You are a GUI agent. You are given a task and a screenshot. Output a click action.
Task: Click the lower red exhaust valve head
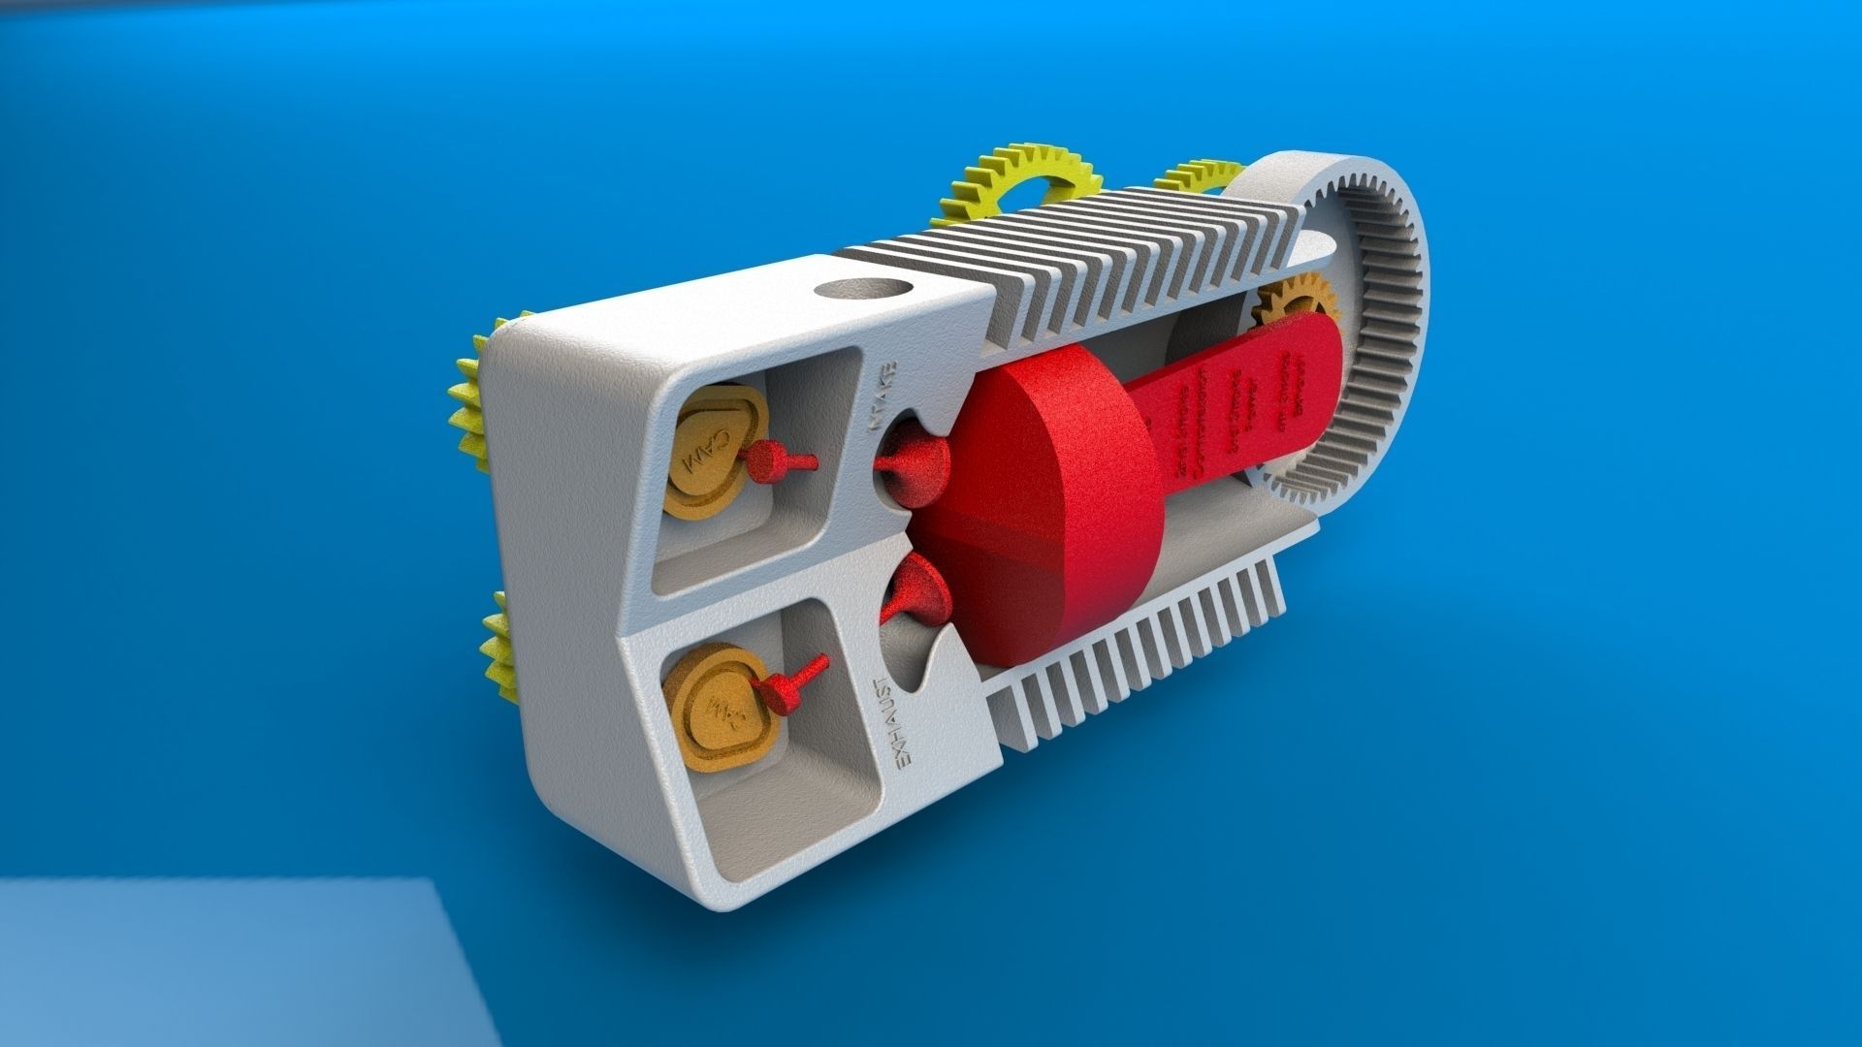click(x=915, y=590)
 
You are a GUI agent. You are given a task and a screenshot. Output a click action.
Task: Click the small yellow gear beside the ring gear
click(x=1198, y=178)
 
